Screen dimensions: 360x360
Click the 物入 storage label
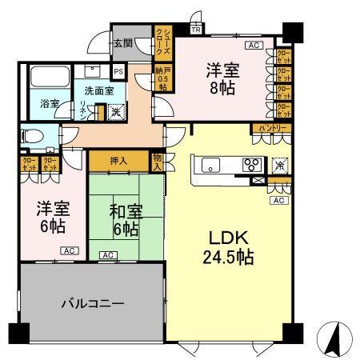point(157,162)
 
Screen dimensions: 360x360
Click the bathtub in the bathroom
point(48,79)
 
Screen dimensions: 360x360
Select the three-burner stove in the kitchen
point(251,166)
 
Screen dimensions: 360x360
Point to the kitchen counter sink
point(210,166)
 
